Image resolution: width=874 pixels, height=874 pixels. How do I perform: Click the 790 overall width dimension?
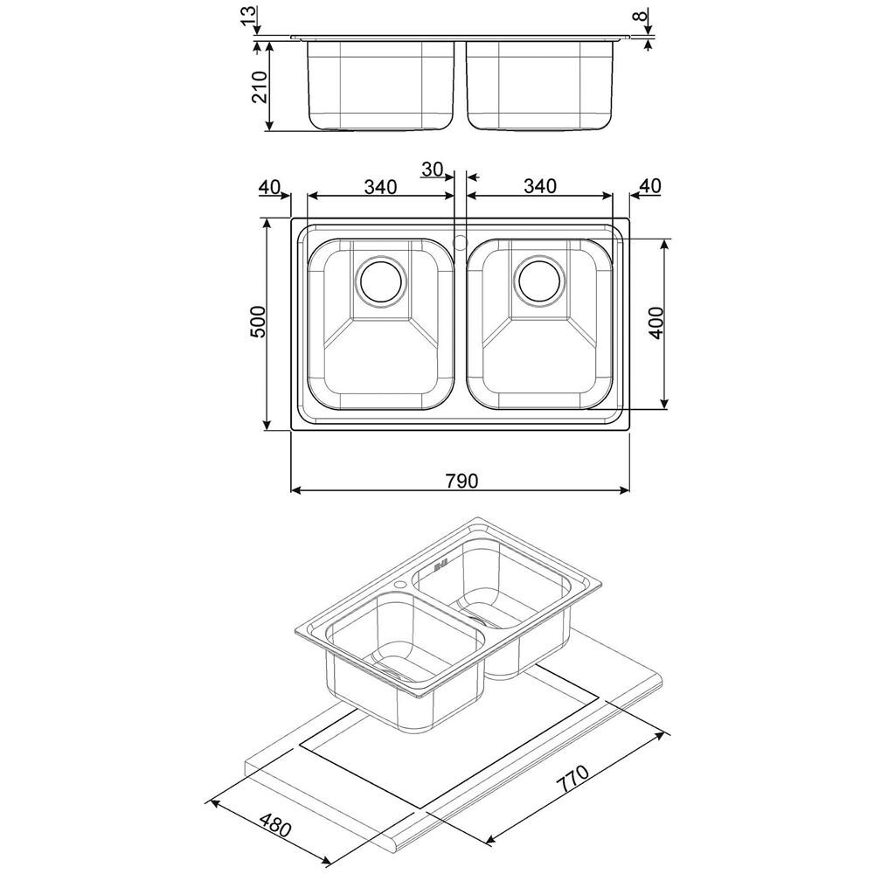point(460,480)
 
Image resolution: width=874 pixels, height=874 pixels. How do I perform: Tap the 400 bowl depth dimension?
point(657,324)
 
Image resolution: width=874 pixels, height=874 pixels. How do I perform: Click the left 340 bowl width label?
point(381,186)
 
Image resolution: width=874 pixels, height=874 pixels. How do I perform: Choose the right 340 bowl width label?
point(540,186)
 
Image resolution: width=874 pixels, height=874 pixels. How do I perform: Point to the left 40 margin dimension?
point(269,186)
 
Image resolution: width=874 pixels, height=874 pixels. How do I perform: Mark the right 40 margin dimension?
point(649,186)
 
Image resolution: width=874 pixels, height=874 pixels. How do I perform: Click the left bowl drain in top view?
point(381,281)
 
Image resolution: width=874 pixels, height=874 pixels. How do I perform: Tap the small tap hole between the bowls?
point(461,238)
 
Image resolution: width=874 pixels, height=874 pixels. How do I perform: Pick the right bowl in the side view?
point(540,85)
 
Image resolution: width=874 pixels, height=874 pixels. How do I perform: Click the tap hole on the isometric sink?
point(399,584)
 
